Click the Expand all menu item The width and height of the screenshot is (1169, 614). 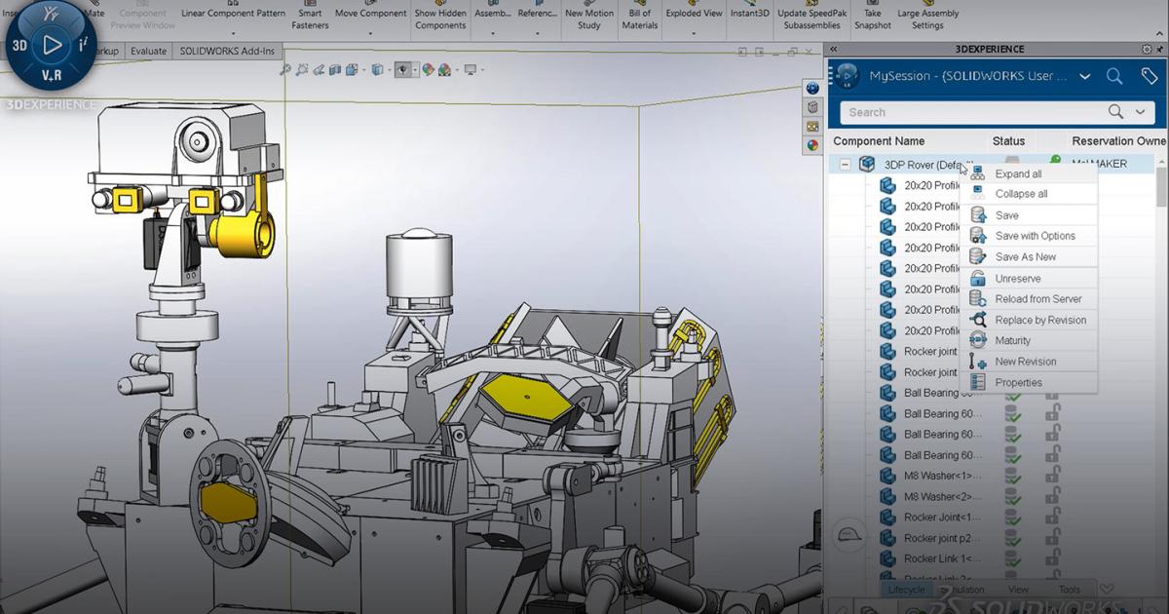point(1018,173)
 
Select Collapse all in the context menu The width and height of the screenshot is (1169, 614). point(1021,194)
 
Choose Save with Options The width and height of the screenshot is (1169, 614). point(1035,236)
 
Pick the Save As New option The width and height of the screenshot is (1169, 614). point(1025,257)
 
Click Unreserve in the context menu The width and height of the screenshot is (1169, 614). point(1017,279)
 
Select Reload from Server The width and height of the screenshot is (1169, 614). point(1037,299)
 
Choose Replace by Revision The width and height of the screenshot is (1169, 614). point(1039,320)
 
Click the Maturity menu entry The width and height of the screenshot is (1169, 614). point(1012,340)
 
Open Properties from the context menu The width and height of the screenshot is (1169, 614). point(1018,383)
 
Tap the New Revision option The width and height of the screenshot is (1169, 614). point(1025,362)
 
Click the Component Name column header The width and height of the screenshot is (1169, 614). point(879,141)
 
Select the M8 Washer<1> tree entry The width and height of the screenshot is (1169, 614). point(942,476)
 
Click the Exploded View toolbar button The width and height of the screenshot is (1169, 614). point(694,14)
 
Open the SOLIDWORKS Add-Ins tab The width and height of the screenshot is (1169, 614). point(227,52)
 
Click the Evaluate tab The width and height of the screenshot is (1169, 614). point(149,52)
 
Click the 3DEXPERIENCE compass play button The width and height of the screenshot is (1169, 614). point(52,45)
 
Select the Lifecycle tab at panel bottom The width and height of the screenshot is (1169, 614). point(906,590)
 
